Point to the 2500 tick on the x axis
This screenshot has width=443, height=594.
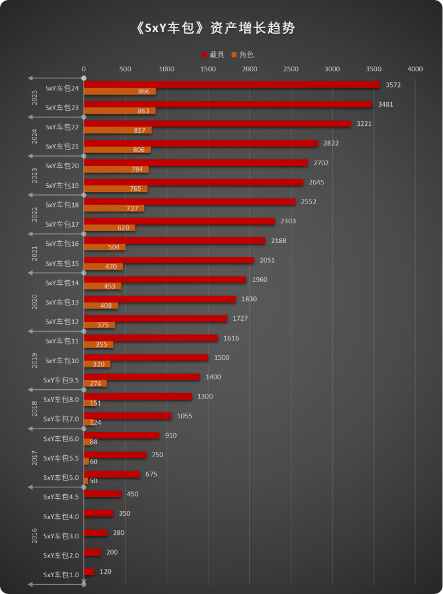(291, 69)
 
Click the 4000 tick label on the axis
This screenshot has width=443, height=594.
(415, 69)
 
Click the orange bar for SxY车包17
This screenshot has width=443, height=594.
(109, 228)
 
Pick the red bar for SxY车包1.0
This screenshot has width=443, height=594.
(89, 572)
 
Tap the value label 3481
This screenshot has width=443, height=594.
(386, 104)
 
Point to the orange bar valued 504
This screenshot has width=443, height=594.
(105, 247)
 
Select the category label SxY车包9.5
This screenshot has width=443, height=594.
(61, 380)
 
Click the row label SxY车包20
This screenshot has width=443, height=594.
(62, 166)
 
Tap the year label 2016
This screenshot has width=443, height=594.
(35, 535)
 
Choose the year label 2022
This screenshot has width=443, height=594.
(35, 215)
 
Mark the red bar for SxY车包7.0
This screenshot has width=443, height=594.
(128, 416)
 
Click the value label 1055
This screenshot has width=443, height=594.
(185, 416)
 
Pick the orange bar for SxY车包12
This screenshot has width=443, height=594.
(99, 325)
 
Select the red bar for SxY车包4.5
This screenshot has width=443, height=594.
(103, 494)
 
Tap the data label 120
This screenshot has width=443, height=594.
(105, 571)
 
